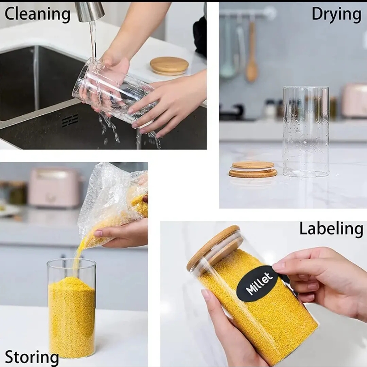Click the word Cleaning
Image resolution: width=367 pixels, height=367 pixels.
(37, 14)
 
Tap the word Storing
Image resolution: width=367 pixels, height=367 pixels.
(32, 357)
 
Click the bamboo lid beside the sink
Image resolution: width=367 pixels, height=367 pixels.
(169, 65)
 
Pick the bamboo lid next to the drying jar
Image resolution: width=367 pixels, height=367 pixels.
(253, 169)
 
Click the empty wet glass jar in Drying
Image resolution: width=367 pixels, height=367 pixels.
(305, 132)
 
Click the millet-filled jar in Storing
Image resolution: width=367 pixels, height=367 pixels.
(71, 309)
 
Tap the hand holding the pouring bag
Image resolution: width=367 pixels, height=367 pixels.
(122, 234)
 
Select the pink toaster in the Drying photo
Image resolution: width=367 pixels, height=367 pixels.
(354, 101)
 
